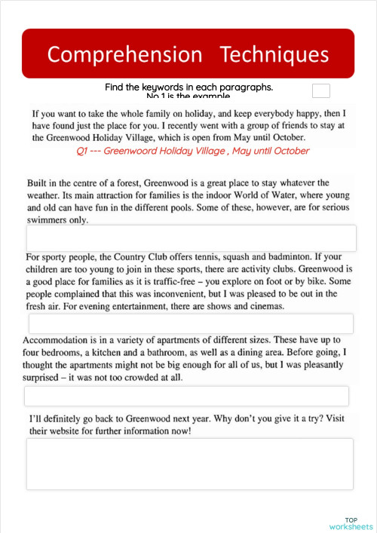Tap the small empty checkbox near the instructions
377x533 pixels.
click(321, 91)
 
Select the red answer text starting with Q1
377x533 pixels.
click(193, 151)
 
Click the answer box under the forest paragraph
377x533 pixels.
click(191, 238)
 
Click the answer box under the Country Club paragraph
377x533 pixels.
click(191, 323)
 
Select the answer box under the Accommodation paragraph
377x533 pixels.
click(186, 396)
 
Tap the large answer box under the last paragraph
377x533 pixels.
click(189, 464)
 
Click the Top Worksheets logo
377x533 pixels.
click(351, 523)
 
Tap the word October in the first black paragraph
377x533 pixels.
click(284, 138)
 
